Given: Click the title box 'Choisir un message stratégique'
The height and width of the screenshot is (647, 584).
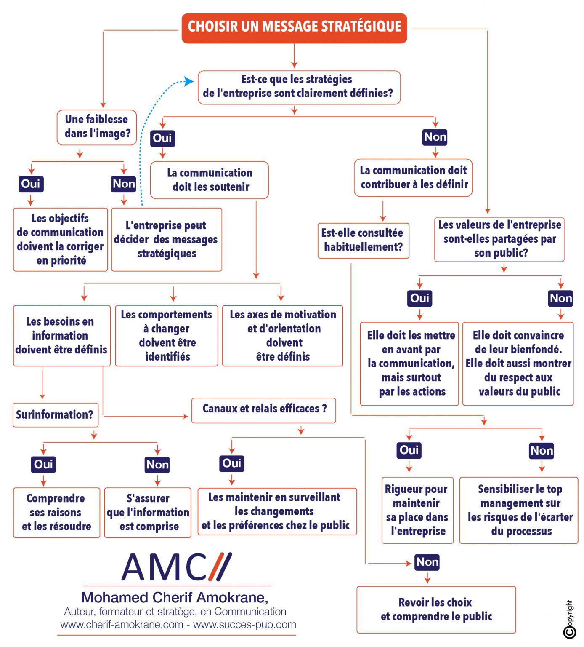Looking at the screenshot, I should pos(294,28).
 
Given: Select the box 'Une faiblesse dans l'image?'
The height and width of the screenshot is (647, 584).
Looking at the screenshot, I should pos(97,127).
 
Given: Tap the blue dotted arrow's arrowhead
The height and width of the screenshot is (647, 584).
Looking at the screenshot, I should pos(189,81).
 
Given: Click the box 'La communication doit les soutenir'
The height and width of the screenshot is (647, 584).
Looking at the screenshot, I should pos(210,180).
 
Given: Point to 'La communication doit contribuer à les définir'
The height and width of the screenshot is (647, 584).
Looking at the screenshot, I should pos(413,178).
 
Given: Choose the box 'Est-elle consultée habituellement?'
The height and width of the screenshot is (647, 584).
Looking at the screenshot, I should pos(363,240).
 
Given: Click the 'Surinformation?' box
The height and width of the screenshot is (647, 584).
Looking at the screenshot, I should pos(55,415).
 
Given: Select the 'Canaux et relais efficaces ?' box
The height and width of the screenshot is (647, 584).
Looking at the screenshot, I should pos(264,410).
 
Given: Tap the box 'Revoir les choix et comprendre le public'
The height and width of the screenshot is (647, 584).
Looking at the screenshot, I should pos(436,610).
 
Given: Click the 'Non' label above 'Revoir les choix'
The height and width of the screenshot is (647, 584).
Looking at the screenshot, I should pos(427,562).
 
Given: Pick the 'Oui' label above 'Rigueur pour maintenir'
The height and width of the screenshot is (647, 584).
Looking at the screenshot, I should pos(409,450).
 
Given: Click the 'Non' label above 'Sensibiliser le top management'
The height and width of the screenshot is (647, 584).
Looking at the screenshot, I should pos(542,451).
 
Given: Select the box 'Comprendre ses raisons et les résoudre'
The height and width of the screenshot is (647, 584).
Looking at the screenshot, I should pos(56,513).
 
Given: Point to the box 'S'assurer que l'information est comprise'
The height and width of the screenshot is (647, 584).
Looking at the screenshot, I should pos(148,513).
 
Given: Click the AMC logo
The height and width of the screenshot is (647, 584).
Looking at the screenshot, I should pos(177,567).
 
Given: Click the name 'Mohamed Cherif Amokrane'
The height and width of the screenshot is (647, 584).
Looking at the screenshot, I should pos(175,598).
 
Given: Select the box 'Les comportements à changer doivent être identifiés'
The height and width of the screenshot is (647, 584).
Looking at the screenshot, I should pos(167,336).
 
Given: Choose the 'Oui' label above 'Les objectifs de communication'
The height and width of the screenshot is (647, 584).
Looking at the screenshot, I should pos(31,184).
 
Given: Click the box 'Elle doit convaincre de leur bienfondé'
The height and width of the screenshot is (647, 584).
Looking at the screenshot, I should pos(518,364).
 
